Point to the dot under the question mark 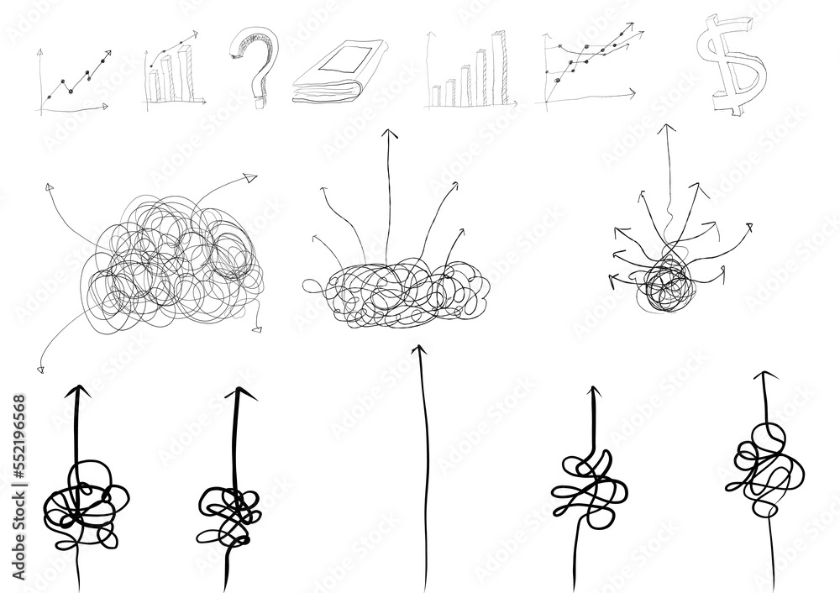click(x=255, y=98)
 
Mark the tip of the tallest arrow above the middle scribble click(x=389, y=134)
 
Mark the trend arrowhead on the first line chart click(x=107, y=54)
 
